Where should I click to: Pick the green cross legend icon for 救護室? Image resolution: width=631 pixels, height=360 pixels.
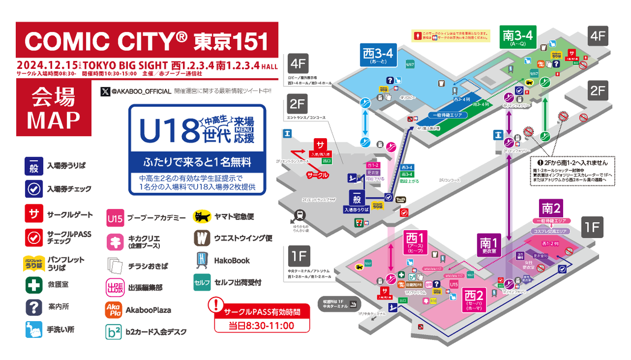coord(33,285)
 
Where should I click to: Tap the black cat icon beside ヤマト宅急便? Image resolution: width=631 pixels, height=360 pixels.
coord(202,216)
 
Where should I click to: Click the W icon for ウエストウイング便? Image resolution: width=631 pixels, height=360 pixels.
coord(202,238)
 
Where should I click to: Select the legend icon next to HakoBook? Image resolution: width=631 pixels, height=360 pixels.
coord(202,260)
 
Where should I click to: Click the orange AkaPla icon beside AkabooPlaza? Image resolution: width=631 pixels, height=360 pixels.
coord(114,310)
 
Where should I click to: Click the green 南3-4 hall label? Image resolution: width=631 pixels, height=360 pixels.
coord(518,38)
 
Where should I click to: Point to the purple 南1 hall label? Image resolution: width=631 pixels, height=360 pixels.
coord(488,245)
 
